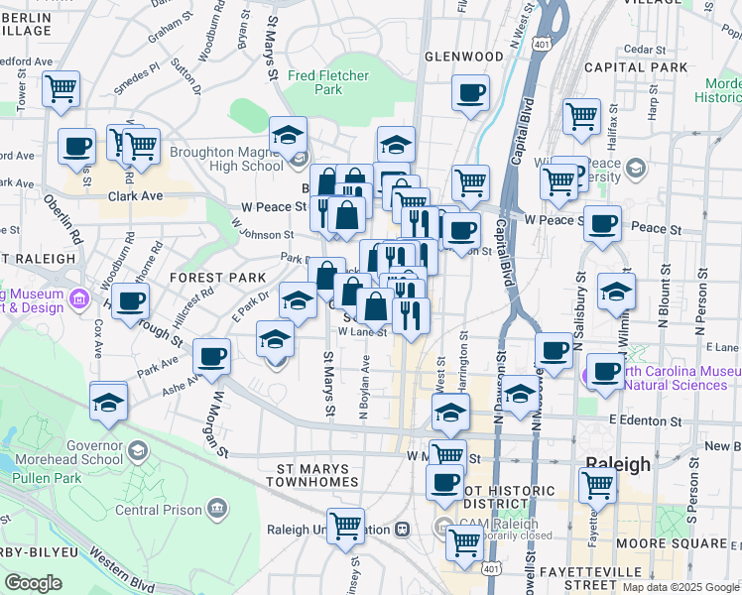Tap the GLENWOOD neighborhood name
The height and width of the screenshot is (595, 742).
(464, 57)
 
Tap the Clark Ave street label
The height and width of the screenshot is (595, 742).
(135, 196)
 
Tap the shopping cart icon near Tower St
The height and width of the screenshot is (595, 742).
(61, 88)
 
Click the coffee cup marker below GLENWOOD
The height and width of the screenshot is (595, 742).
(470, 94)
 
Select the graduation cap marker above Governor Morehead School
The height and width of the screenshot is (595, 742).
(108, 402)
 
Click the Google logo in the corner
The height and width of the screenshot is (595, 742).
(33, 583)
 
